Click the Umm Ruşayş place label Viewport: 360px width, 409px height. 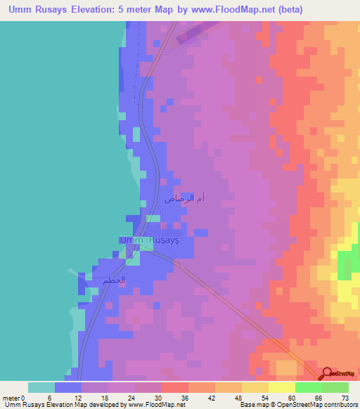(x=150, y=240)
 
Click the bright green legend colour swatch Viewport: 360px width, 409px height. (x=308, y=387)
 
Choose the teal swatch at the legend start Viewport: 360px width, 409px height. (x=41, y=387)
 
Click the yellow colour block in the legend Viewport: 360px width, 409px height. (x=281, y=387)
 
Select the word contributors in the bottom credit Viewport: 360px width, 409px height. (x=338, y=404)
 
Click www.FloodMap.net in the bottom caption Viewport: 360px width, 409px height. (x=155, y=404)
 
